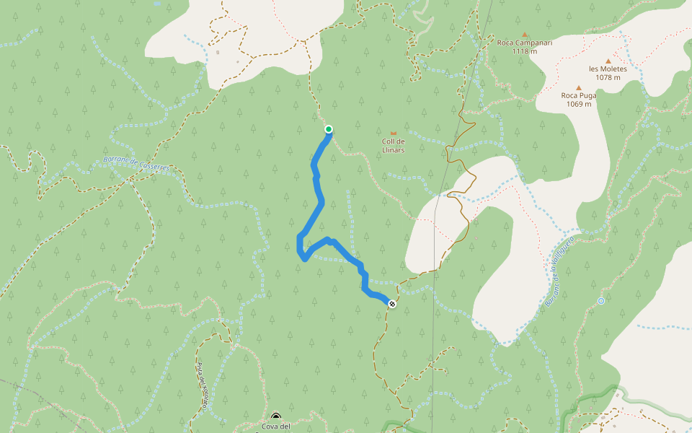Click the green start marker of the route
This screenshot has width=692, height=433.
pyautogui.click(x=329, y=129)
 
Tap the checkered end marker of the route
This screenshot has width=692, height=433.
pyautogui.click(x=391, y=304)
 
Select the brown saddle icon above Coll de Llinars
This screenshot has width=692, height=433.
pyautogui.click(x=393, y=134)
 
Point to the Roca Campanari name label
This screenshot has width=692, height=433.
pyautogui.click(x=525, y=43)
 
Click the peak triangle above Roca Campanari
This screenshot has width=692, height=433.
pyautogui.click(x=525, y=34)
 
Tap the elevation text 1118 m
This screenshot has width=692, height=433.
pyautogui.click(x=525, y=51)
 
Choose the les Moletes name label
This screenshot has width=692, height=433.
pyautogui.click(x=608, y=69)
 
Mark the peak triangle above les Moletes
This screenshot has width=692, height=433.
pyautogui.click(x=608, y=61)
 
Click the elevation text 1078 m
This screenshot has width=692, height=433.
pyautogui.click(x=608, y=78)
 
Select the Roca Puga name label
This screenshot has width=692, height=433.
pyautogui.click(x=579, y=95)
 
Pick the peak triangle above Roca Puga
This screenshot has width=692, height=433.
pyautogui.click(x=578, y=87)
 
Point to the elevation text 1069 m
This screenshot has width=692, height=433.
pyautogui.click(x=579, y=104)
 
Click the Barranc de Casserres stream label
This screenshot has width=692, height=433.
pyautogui.click(x=136, y=163)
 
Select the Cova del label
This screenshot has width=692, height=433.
pyautogui.click(x=276, y=427)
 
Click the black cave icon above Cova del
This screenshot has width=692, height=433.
pyautogui.click(x=276, y=416)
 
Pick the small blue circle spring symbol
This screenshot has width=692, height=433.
pyautogui.click(x=600, y=301)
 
